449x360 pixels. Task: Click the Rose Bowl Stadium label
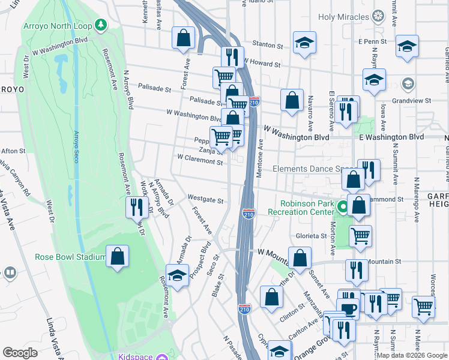[x=70, y=257]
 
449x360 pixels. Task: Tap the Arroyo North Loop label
[x=59, y=26]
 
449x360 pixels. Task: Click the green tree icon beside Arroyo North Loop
[x=101, y=25]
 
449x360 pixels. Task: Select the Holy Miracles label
[x=343, y=16]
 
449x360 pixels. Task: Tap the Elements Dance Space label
[x=315, y=169]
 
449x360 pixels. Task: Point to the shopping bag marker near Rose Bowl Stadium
[x=117, y=256]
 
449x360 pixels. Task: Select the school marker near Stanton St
[x=304, y=43]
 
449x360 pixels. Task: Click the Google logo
[x=20, y=353]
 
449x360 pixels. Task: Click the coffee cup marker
[x=348, y=309]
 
